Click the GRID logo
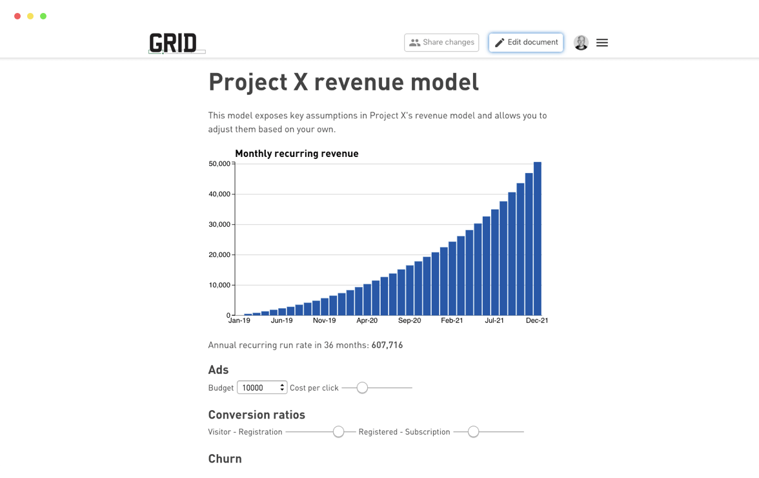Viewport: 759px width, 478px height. [173, 43]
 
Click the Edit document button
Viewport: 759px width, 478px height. [526, 43]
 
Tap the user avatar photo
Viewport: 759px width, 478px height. [581, 43]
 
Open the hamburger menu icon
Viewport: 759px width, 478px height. [602, 43]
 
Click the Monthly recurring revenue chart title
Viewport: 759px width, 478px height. [296, 154]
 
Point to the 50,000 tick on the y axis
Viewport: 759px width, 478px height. [219, 164]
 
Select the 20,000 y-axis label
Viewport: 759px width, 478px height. [219, 255]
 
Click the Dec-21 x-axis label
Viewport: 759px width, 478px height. [536, 320]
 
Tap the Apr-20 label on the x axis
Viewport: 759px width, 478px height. [367, 320]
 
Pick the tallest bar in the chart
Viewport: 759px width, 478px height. [537, 239]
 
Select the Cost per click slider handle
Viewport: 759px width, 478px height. [362, 388]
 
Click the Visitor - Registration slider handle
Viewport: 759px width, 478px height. [338, 431]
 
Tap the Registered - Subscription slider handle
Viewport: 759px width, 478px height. [473, 431]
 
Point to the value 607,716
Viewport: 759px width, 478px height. [387, 346]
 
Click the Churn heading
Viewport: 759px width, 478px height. [225, 459]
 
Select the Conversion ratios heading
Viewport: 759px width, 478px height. [256, 415]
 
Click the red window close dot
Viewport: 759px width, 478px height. [17, 16]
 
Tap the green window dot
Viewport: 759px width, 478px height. [43, 16]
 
